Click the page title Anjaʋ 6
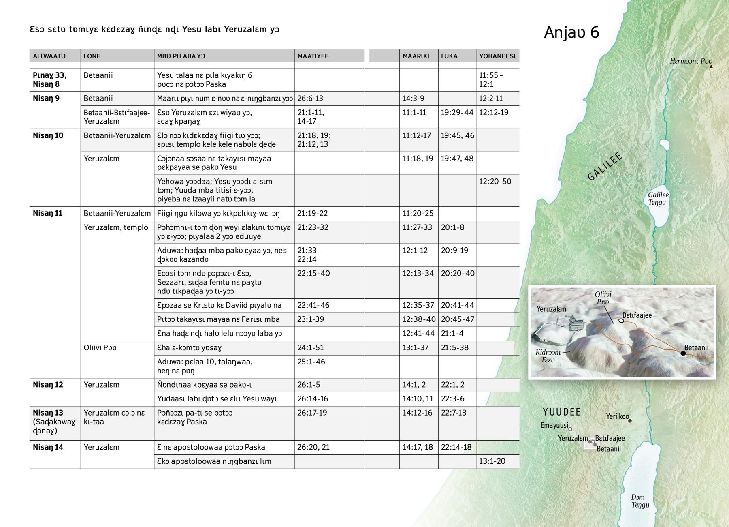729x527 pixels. (x=571, y=32)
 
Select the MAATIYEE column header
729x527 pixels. (x=313, y=56)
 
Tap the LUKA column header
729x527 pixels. (x=449, y=56)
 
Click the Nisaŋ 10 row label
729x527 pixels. (x=48, y=135)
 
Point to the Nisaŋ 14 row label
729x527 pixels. (x=48, y=447)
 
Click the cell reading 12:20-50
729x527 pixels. (x=495, y=182)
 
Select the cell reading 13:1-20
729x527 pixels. (x=492, y=461)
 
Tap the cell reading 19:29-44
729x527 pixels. (x=457, y=112)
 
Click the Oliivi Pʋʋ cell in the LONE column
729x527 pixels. (x=100, y=347)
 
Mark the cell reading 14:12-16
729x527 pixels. (x=417, y=413)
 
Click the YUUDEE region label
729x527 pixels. (x=562, y=412)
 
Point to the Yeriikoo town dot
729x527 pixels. (x=630, y=421)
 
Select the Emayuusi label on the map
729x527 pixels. (x=554, y=425)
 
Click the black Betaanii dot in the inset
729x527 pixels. (x=683, y=353)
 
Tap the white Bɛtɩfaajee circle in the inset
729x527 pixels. (x=621, y=321)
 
